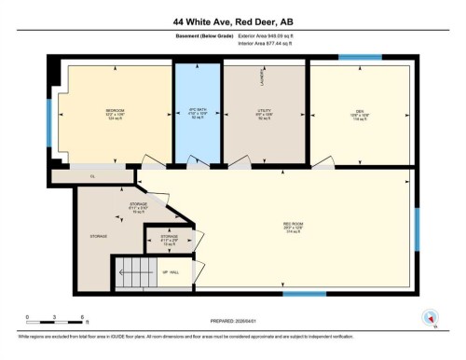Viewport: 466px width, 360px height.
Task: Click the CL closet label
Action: point(93,175)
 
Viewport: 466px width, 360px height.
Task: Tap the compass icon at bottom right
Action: point(429,322)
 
